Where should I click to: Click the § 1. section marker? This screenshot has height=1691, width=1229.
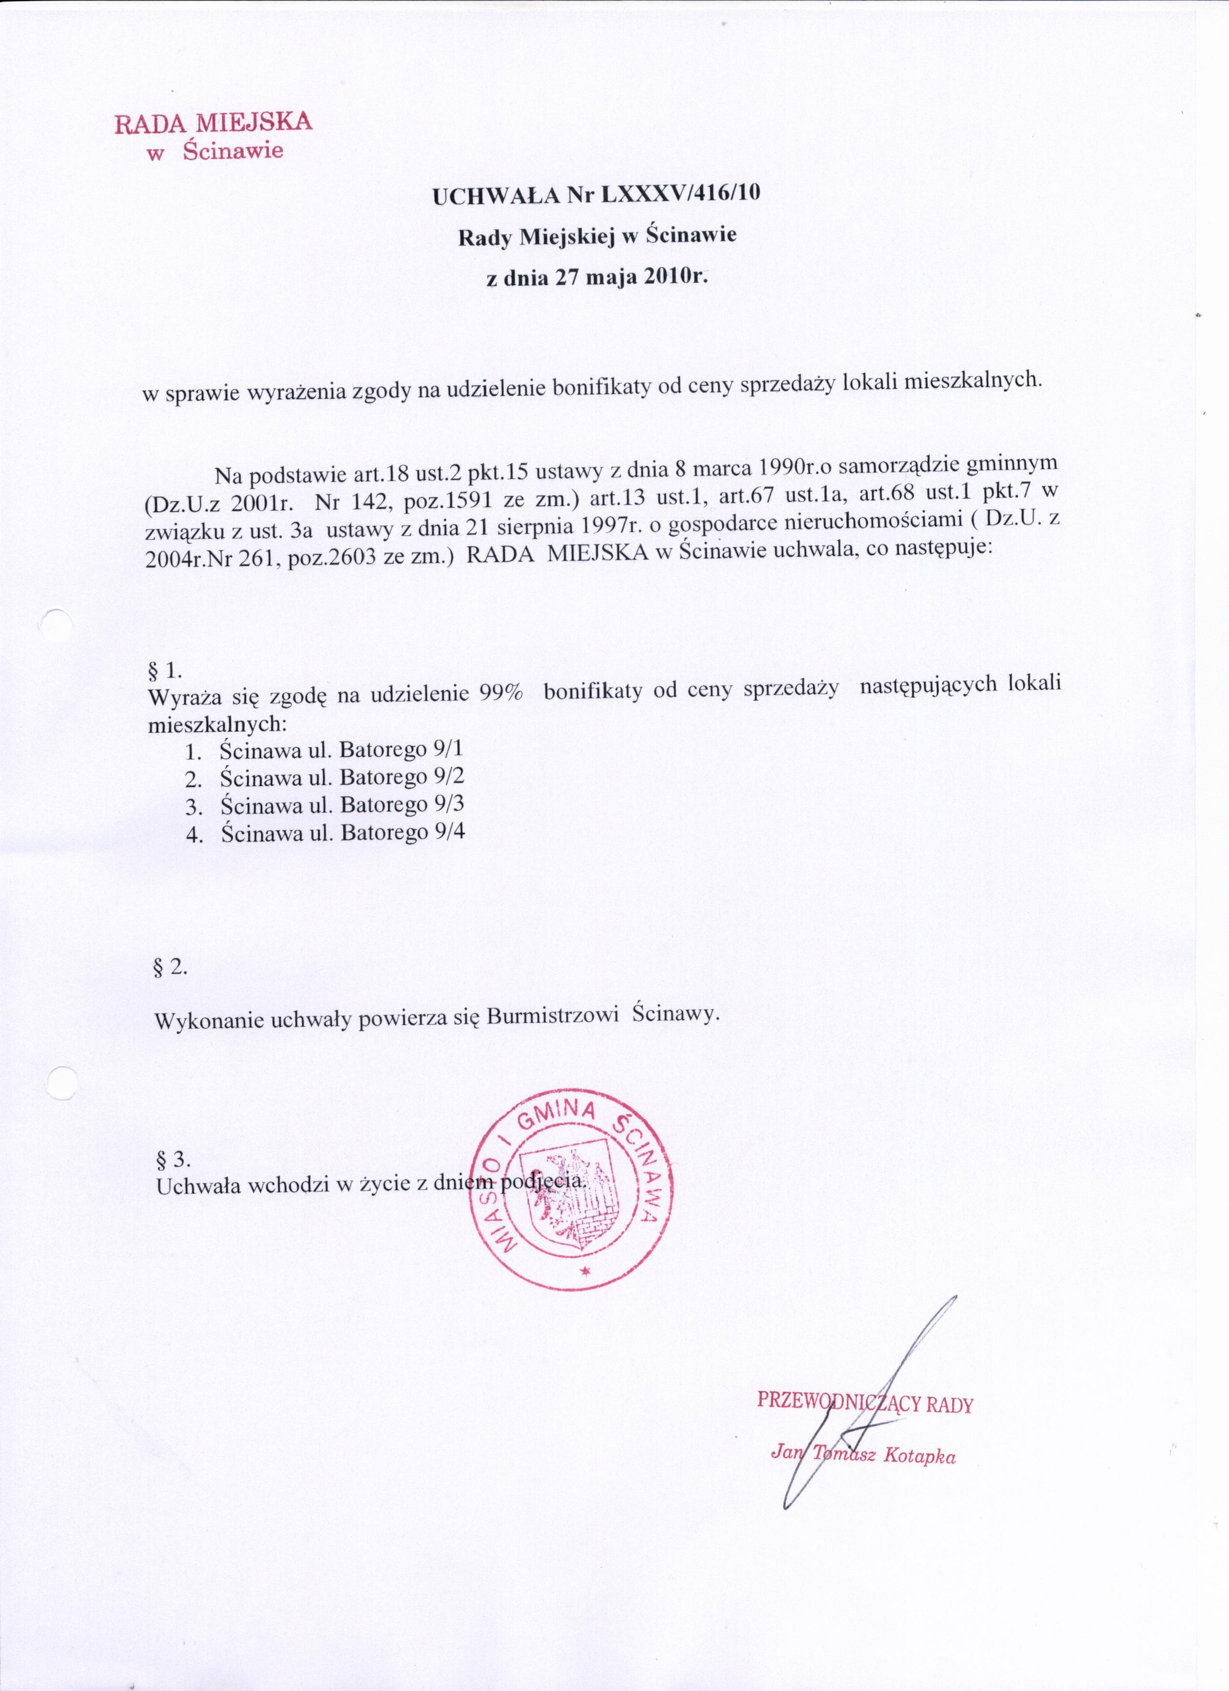162,667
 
